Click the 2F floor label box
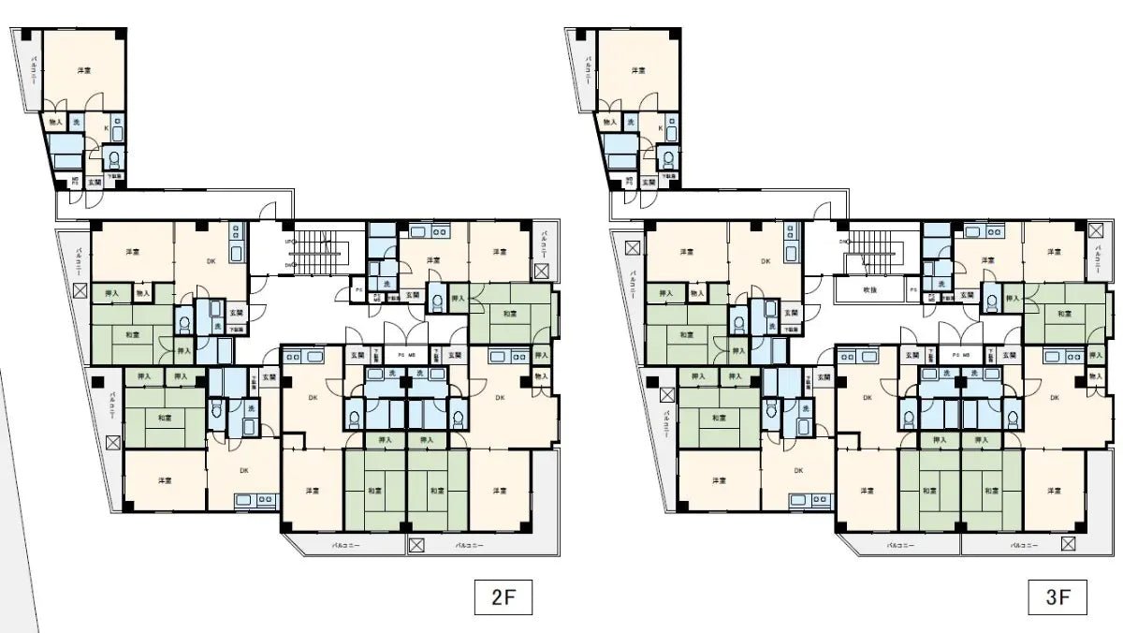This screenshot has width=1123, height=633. pos(503,597)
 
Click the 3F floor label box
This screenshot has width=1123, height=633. pos(1057,597)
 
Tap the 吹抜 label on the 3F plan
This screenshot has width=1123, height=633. pos(869,290)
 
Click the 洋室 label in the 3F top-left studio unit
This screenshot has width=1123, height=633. pos(638,70)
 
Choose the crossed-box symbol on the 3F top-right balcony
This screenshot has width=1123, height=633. pos(1095,228)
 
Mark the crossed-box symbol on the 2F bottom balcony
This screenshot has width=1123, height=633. pos(416,544)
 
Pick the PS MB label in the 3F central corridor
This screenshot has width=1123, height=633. pos(960,356)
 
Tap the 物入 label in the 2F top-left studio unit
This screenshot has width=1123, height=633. pos(55,123)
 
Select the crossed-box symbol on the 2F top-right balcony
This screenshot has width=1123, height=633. pos(541,272)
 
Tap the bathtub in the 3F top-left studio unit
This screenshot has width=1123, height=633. pos(620,153)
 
